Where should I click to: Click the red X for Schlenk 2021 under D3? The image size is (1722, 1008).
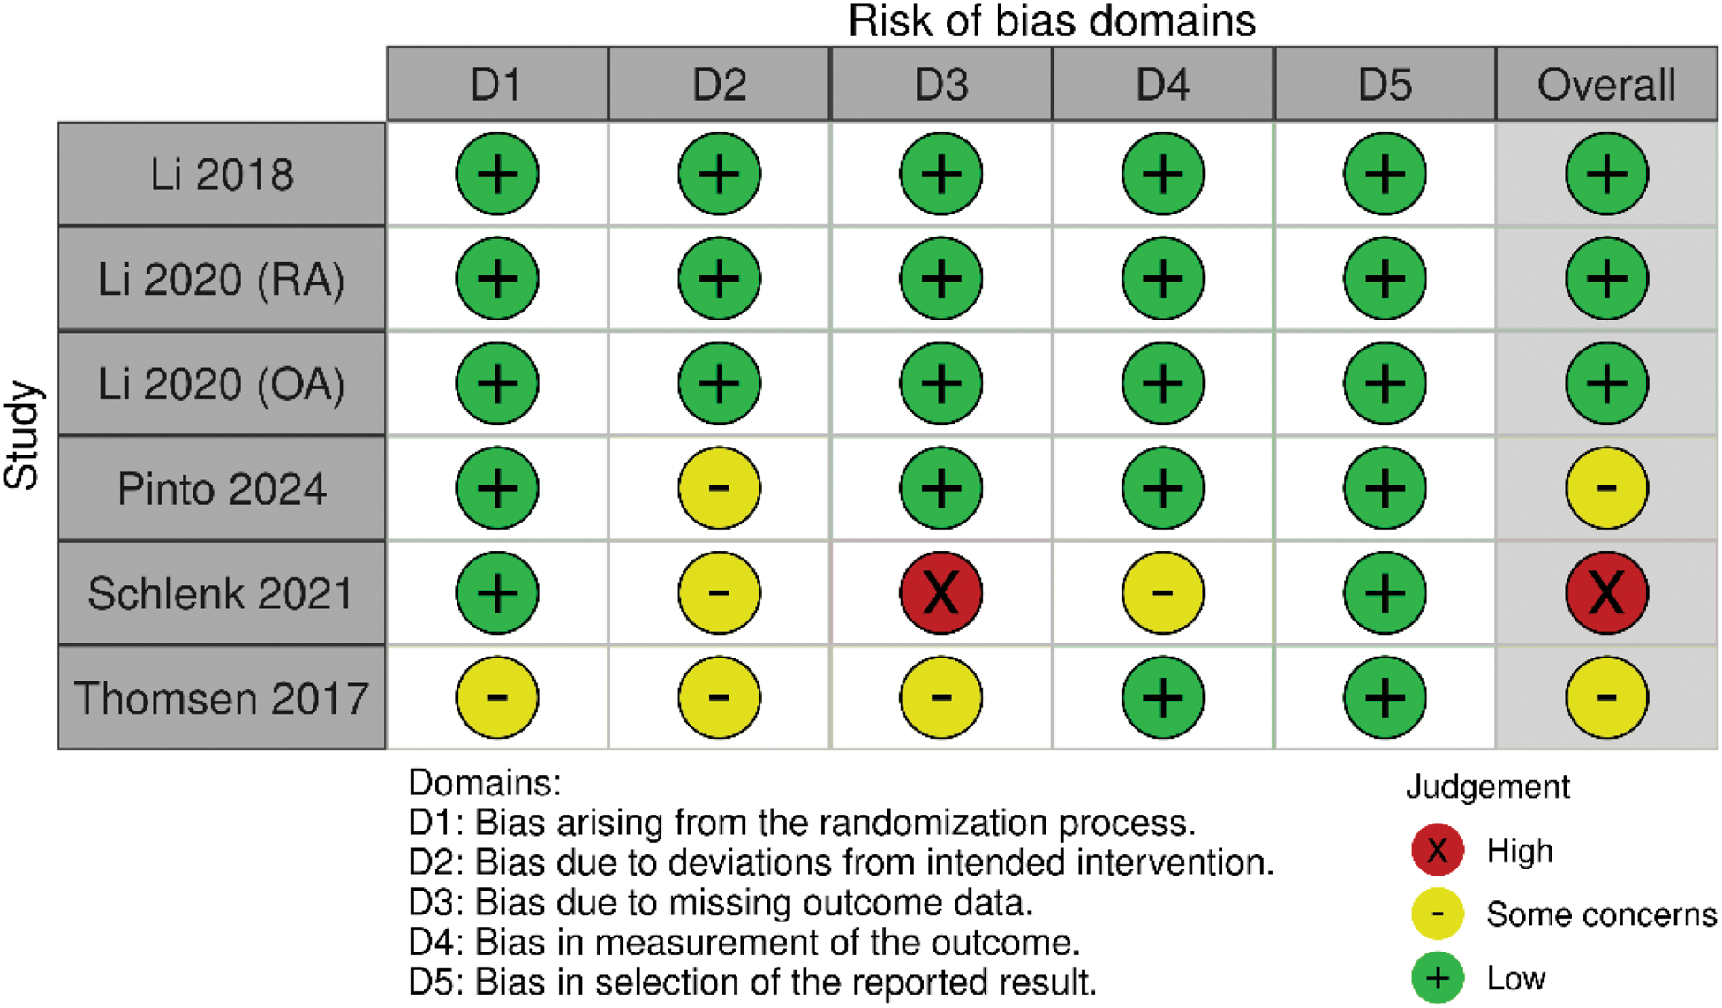(x=941, y=592)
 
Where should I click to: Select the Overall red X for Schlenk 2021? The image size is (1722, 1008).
(x=1606, y=592)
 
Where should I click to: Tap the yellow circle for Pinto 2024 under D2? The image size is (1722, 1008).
(x=719, y=488)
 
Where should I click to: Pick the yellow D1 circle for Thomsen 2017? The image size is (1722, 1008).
(x=497, y=697)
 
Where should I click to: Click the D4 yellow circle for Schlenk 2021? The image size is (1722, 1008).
(x=1163, y=592)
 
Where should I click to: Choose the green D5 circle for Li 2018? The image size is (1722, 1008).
(x=1385, y=174)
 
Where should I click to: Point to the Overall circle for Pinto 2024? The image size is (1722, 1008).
(x=1606, y=488)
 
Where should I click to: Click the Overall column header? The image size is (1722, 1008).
(x=1606, y=84)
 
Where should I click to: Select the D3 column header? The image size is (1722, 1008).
(x=941, y=84)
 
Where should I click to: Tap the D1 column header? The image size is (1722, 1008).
(x=497, y=84)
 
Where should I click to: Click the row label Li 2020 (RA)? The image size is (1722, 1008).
(x=222, y=279)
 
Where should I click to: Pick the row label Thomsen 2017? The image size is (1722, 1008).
(x=222, y=697)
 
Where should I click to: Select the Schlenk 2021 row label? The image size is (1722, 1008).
(x=222, y=592)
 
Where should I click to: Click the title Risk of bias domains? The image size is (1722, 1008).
(x=1052, y=21)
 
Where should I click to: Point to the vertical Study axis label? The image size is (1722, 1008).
(x=23, y=435)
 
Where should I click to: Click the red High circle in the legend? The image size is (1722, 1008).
(x=1438, y=850)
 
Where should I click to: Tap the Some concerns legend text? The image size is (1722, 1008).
(x=1601, y=914)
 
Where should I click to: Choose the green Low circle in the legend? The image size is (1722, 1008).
(x=1438, y=978)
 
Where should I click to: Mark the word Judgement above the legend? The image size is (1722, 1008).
(x=1488, y=786)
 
